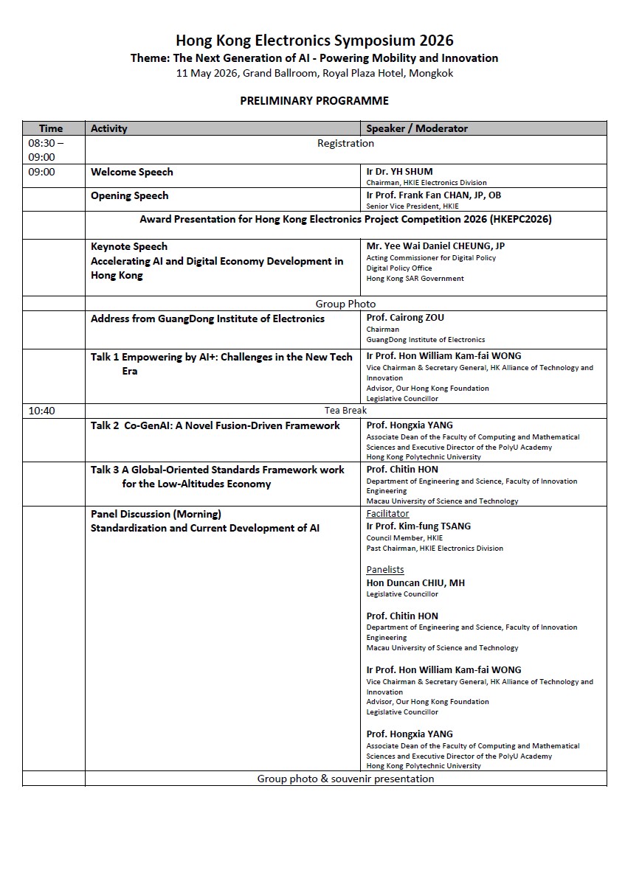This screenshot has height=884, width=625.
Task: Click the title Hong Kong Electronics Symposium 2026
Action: tap(314, 40)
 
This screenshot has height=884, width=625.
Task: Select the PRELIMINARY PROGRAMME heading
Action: tap(314, 100)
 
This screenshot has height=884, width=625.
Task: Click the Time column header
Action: tap(51, 128)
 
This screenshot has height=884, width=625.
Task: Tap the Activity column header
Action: tap(109, 128)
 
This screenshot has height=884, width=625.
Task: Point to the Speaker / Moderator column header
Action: tap(417, 128)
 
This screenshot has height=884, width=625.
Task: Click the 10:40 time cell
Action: tap(42, 411)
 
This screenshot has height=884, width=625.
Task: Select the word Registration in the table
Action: tap(345, 143)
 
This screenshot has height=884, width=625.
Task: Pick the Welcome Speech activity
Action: tap(132, 172)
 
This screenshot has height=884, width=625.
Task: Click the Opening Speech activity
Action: tap(130, 195)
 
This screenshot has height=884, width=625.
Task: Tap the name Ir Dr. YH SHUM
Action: tap(400, 172)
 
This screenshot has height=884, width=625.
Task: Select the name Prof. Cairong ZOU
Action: tap(405, 318)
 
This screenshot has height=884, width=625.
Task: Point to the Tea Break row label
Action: tap(345, 410)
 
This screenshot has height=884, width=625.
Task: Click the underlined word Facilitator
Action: tap(387, 514)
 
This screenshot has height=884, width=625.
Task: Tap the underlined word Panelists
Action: tap(385, 570)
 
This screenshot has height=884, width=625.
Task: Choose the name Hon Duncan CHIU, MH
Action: tap(415, 582)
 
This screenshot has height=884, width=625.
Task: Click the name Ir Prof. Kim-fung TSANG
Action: tap(418, 526)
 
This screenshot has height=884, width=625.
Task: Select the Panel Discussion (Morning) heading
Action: tap(156, 514)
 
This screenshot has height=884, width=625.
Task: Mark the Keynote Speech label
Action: tap(129, 246)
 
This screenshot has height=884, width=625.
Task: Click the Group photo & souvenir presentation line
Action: tap(345, 779)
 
